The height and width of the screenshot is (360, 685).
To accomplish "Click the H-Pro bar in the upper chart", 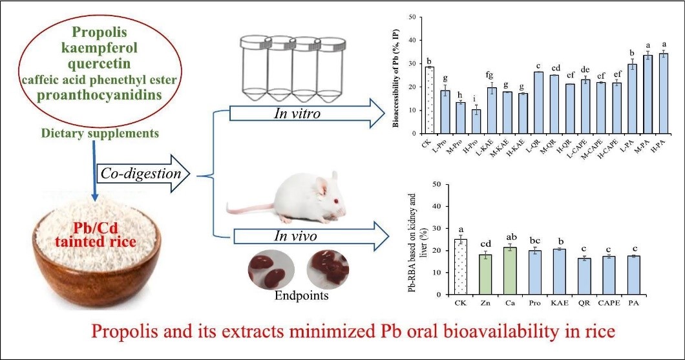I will (x=476, y=121).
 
